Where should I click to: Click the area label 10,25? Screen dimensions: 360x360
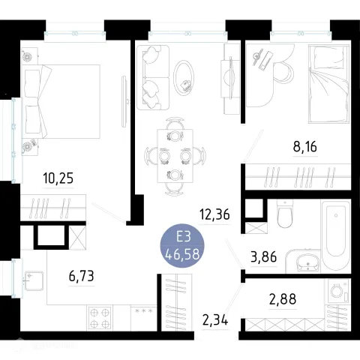pos(58,178)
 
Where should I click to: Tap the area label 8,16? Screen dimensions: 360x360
pos(305,146)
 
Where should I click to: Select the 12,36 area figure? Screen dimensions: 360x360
pos(214,214)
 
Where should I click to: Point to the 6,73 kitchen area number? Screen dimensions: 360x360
pos(81,276)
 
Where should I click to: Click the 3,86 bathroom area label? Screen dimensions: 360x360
pos(263,256)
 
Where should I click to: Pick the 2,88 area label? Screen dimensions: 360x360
pos(283,299)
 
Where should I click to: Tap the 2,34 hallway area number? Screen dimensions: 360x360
pos(215,320)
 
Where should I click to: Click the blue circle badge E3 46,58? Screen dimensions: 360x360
pos(182,245)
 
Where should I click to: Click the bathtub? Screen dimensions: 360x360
pos(336,235)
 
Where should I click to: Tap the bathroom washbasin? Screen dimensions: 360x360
pos(307,262)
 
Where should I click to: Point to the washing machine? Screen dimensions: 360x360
pos(337,291)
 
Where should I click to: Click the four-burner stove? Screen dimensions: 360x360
pos(100,317)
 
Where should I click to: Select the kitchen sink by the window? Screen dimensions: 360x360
pos(34,280)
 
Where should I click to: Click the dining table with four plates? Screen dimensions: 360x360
pos(175,156)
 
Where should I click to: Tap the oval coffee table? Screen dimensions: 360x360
pos(184,78)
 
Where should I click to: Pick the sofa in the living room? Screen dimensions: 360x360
pos(153,77)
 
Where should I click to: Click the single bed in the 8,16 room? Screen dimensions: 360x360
pos(328,84)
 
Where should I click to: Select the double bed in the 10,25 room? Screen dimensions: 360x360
pos(61,101)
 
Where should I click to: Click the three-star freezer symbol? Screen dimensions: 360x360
pos(143,311)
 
